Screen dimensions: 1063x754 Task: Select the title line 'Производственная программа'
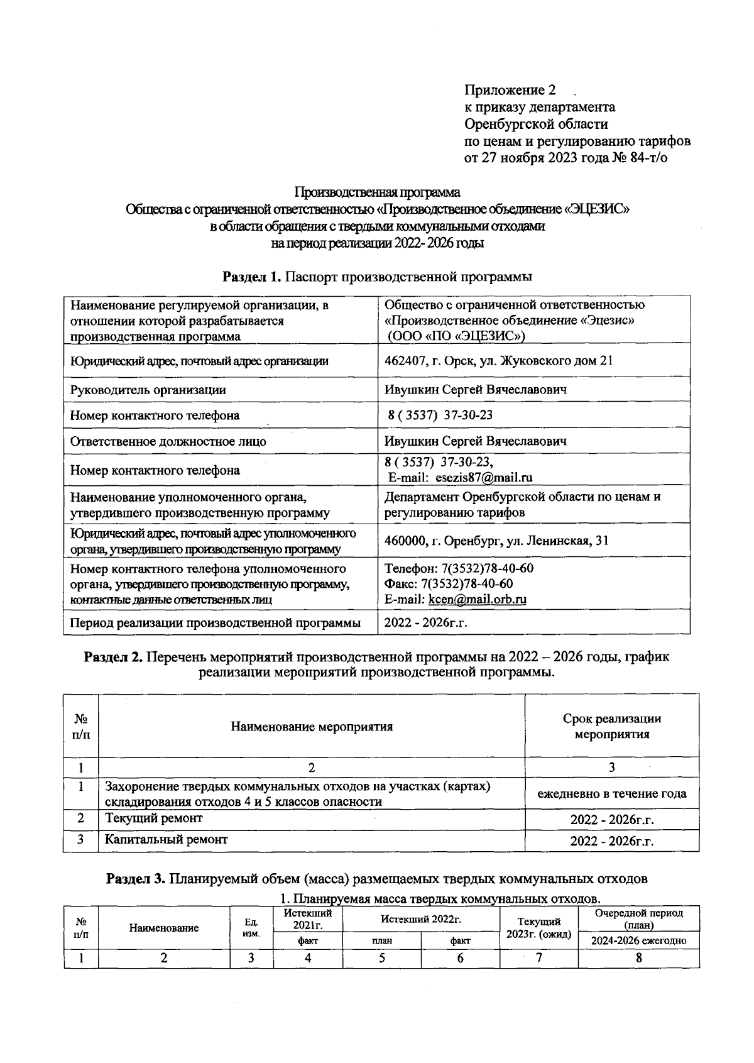[x=377, y=192]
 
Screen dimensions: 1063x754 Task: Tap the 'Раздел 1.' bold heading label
[x=248, y=276]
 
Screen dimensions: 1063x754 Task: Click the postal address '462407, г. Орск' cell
[x=498, y=361]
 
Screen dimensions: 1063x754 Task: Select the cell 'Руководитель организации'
[x=148, y=390]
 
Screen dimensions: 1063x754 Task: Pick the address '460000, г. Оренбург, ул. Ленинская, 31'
[x=496, y=541]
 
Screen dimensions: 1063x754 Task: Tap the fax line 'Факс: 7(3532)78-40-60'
[x=449, y=584]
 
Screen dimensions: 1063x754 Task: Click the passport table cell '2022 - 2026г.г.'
[x=426, y=623]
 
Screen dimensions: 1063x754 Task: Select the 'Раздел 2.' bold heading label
[x=112, y=657]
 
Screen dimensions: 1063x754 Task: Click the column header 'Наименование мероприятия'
[x=312, y=727]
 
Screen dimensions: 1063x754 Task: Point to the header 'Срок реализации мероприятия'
[x=611, y=726]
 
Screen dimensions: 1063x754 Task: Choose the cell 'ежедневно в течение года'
[x=611, y=794]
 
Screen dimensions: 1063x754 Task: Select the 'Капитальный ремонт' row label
[x=166, y=839]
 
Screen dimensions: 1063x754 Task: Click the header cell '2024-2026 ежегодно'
[x=638, y=941]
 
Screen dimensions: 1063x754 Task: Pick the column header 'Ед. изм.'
[x=251, y=928]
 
